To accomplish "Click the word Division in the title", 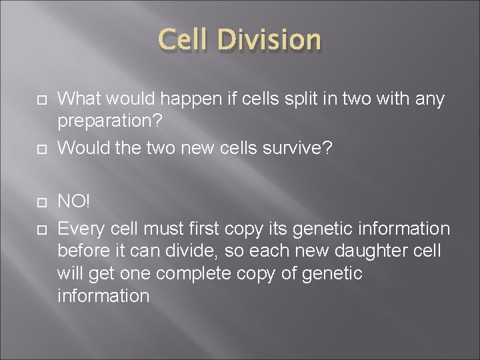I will pos(270,39).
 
